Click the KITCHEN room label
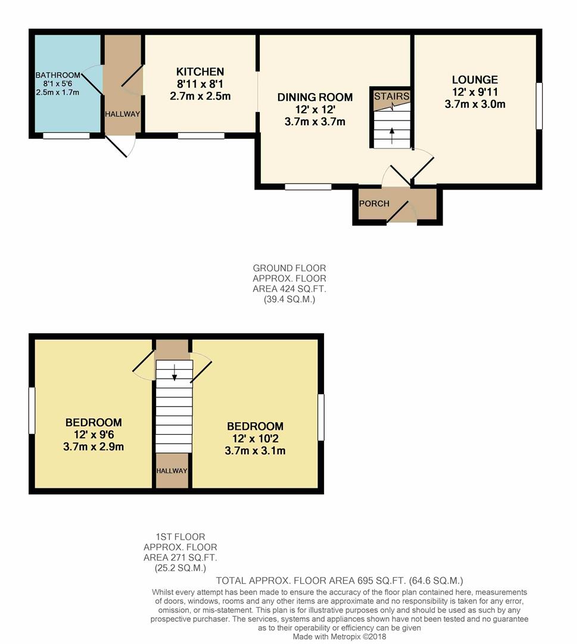pyautogui.click(x=200, y=72)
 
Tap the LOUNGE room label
pyautogui.click(x=475, y=80)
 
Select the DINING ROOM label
pyautogui.click(x=315, y=97)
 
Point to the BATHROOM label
pyautogui.click(x=58, y=75)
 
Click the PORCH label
pyautogui.click(x=374, y=203)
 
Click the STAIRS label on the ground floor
pyautogui.click(x=391, y=96)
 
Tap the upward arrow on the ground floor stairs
pyautogui.click(x=392, y=136)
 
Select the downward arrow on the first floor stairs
pyautogui.click(x=175, y=372)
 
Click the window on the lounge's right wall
pyautogui.click(x=539, y=106)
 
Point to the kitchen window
pyautogui.click(x=201, y=135)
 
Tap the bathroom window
pyautogui.click(x=66, y=135)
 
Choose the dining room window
pyautogui.click(x=308, y=187)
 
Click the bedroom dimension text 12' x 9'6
pyautogui.click(x=94, y=435)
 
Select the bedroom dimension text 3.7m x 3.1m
pyautogui.click(x=255, y=451)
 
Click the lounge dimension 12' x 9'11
pyautogui.click(x=475, y=92)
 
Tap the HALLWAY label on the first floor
pyautogui.click(x=172, y=470)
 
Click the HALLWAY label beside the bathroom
pyautogui.click(x=122, y=114)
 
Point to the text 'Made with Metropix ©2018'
pyautogui.click(x=340, y=637)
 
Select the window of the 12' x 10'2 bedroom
pyautogui.click(x=321, y=417)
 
